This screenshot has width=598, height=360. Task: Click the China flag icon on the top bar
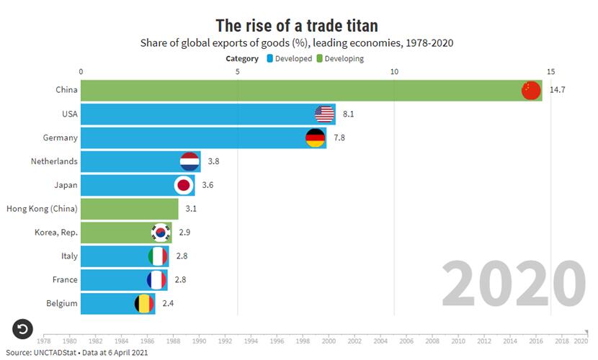pyautogui.click(x=531, y=90)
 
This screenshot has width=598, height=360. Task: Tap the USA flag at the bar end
pyautogui.click(x=325, y=114)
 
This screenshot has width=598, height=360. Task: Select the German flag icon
pyautogui.click(x=316, y=138)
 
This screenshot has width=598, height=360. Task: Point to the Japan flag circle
pyautogui.click(x=184, y=185)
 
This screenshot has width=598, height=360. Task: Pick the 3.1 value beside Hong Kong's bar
pyautogui.click(x=191, y=209)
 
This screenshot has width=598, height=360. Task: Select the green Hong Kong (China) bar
pyautogui.click(x=130, y=209)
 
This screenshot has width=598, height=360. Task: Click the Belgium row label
pyautogui.click(x=61, y=303)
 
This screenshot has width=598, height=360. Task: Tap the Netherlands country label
pyautogui.click(x=54, y=161)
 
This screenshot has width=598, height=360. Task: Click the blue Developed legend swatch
pyautogui.click(x=269, y=58)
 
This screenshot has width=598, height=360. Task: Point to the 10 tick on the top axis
pyautogui.click(x=394, y=72)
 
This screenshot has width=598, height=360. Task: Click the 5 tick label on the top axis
pyautogui.click(x=237, y=72)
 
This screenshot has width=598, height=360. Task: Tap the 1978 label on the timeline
pyautogui.click(x=43, y=341)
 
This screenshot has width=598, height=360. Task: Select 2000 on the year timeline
pyautogui.click(x=329, y=341)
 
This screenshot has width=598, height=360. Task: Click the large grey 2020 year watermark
pyautogui.click(x=513, y=284)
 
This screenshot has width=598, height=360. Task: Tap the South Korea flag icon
pyautogui.click(x=160, y=233)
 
